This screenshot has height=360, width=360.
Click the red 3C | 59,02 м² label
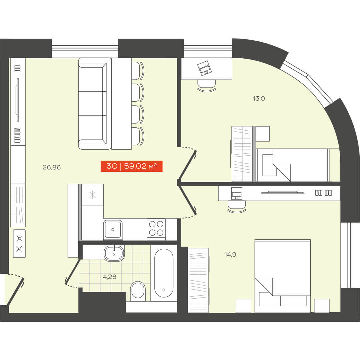coord(132,166)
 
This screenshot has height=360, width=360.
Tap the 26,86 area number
coord(52,167)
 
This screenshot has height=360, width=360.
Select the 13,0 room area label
coord(259,98)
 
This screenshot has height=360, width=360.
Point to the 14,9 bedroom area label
coord(230,254)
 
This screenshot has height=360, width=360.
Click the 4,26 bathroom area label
coord(110,277)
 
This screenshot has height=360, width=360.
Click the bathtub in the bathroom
coord(164,273)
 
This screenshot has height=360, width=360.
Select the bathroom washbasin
coord(114,253)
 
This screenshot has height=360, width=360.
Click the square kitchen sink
coord(113,229)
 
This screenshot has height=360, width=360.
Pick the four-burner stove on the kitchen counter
coord(156,228)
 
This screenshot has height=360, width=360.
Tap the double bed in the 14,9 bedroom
coord(283,276)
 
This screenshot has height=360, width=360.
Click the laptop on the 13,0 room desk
coord(205,68)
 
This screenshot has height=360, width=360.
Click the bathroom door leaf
coord(73,271)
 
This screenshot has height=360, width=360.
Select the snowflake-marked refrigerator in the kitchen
coord(93,195)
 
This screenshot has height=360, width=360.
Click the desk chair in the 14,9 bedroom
coord(236,207)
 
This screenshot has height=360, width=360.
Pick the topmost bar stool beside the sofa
coord(138,71)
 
